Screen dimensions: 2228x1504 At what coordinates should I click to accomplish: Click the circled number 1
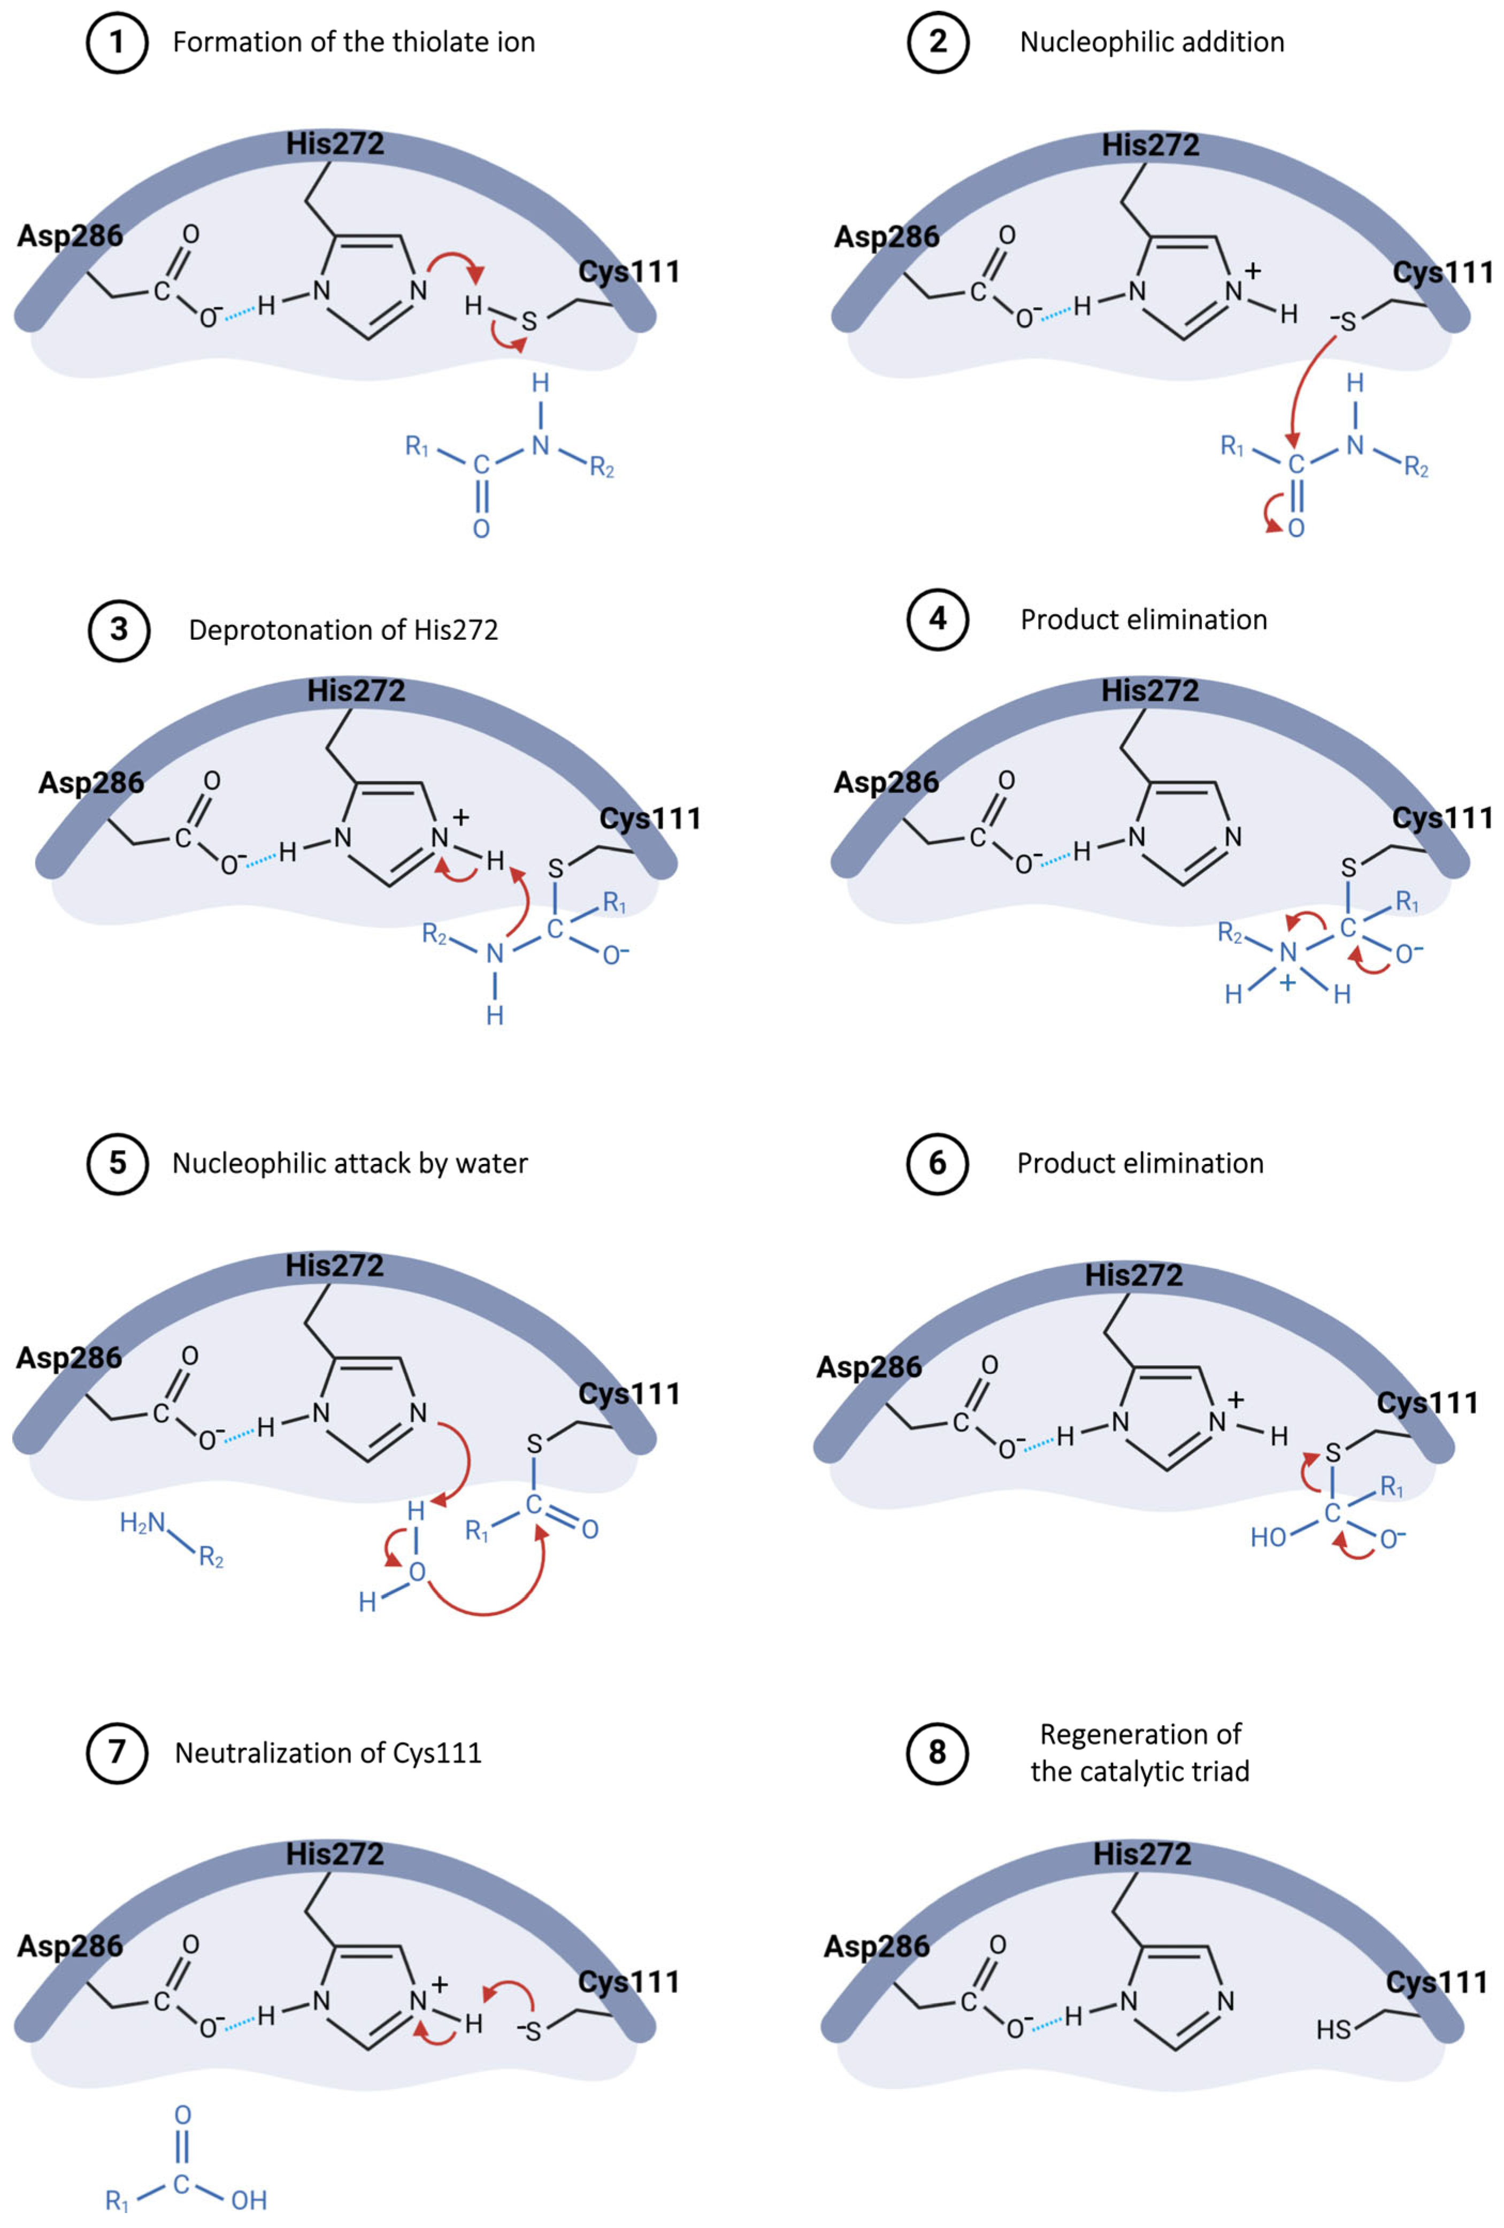click(117, 42)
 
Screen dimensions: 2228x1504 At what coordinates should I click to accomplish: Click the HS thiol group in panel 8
click(1332, 2030)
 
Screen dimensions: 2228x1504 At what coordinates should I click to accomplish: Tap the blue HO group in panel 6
click(1267, 1538)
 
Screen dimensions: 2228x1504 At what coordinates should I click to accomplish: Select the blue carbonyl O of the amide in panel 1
click(481, 528)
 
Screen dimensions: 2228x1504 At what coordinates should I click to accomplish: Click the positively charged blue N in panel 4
click(1287, 952)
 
